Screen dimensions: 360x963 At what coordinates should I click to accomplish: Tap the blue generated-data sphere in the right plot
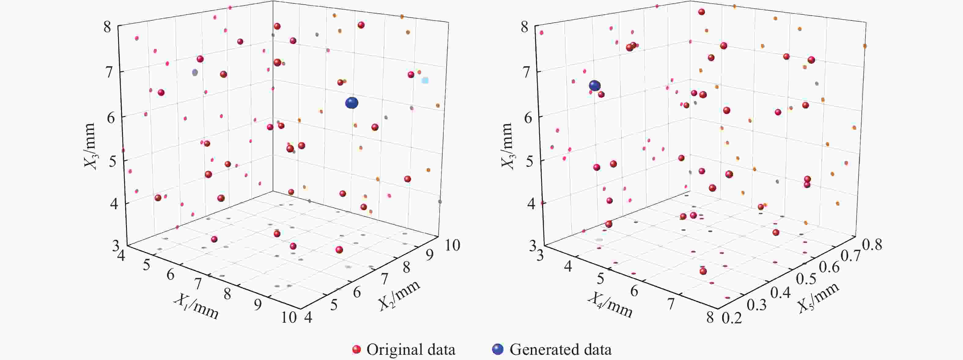tap(595, 86)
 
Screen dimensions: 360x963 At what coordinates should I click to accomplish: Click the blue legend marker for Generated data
tap(498, 350)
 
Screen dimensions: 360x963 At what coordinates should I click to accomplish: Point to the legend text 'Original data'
tap(411, 350)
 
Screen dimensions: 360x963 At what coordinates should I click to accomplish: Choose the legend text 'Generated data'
tap(560, 350)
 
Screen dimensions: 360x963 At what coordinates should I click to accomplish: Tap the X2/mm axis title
tap(399, 295)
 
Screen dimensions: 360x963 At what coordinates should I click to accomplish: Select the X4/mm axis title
tap(610, 305)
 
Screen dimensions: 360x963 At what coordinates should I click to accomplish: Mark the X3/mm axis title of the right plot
tap(507, 146)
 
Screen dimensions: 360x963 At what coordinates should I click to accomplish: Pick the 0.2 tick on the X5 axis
tap(732, 318)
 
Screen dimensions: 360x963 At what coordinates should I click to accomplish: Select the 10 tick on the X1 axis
tap(289, 318)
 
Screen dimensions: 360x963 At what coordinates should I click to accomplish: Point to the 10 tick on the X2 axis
tap(452, 245)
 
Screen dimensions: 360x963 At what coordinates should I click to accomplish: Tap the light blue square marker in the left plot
tap(425, 80)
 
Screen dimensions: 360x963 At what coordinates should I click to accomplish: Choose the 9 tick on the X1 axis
tap(258, 306)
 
